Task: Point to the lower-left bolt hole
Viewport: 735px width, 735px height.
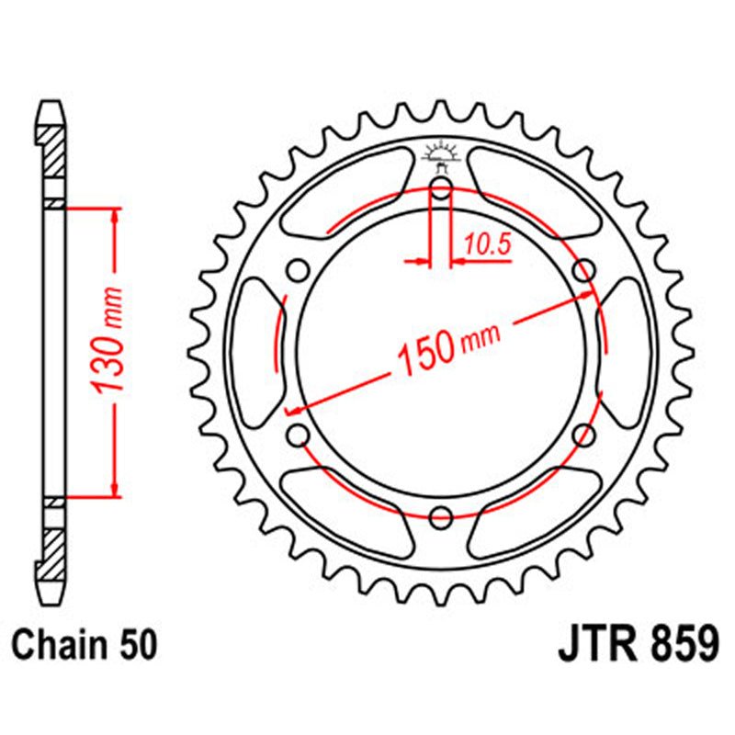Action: coord(298,434)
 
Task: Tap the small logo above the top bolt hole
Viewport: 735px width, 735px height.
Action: coord(441,155)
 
